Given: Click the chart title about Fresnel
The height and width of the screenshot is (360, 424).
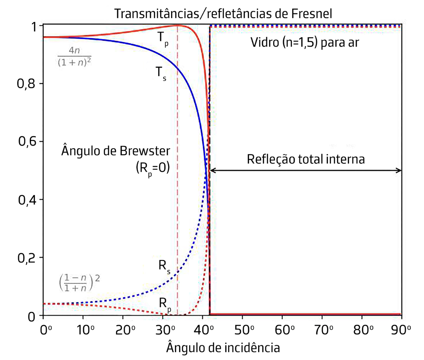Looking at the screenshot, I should pyautogui.click(x=222, y=13).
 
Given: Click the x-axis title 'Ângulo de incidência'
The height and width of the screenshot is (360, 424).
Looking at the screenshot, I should pyautogui.click(x=223, y=347).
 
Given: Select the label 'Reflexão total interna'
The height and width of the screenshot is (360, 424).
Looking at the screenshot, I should pyautogui.click(x=306, y=159).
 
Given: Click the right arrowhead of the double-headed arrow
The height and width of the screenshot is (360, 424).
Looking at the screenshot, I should pyautogui.click(x=399, y=171).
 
